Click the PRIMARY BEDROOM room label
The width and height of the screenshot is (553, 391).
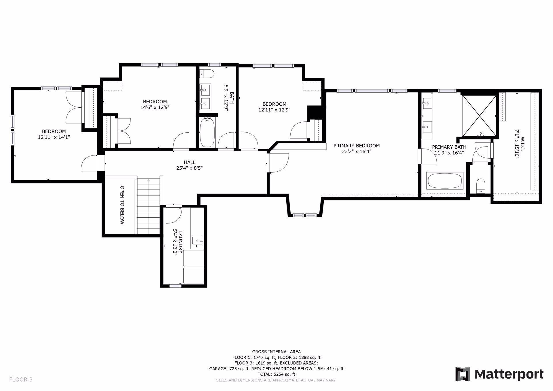point(357,146)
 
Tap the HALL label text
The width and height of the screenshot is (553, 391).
point(190,162)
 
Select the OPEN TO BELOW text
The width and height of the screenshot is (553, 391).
point(122,205)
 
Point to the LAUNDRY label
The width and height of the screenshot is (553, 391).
point(181,242)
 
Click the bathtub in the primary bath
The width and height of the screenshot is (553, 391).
point(445,181)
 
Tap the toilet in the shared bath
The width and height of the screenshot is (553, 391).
point(207,74)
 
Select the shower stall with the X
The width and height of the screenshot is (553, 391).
point(479,116)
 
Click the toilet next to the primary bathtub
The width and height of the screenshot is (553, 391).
point(480,186)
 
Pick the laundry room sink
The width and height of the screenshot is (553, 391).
point(198,240)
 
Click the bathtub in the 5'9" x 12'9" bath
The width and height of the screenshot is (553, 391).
point(207,132)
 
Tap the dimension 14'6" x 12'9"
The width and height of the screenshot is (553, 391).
point(155,107)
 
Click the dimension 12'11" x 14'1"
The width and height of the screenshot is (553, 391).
point(54,137)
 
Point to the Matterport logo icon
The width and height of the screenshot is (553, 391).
point(463,374)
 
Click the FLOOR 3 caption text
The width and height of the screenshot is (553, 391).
point(21,379)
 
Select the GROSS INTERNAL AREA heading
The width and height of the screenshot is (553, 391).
point(276,352)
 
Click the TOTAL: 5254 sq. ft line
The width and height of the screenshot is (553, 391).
point(276,374)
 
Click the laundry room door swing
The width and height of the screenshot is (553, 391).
point(174,215)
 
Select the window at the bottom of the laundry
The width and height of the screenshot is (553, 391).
point(175,286)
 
